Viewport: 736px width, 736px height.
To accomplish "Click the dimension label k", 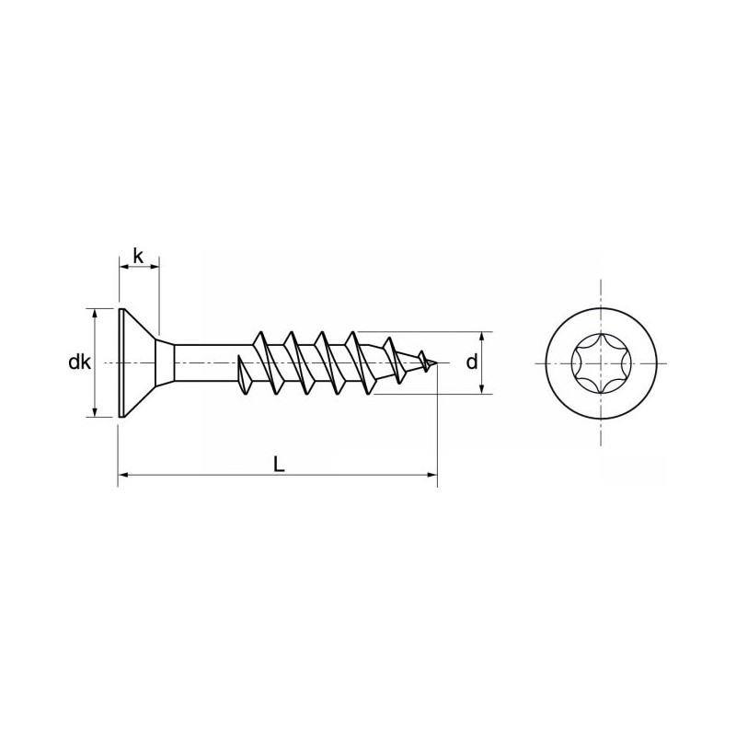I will click(x=138, y=255).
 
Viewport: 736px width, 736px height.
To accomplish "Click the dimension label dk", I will click(x=79, y=362).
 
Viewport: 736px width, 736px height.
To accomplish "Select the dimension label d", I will click(x=471, y=362).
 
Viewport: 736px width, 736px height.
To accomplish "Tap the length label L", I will click(x=279, y=465).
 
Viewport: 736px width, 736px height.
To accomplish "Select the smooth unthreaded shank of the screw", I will click(x=207, y=362).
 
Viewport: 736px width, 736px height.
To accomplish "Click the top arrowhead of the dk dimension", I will click(x=94, y=314).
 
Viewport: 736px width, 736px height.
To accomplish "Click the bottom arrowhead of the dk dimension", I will click(x=94, y=412).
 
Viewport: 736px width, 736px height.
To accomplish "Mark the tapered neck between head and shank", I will click(x=165, y=362).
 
